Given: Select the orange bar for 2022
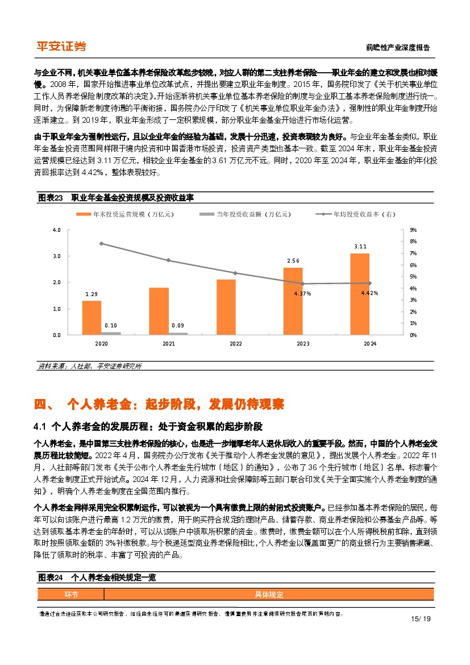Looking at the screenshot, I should click(x=226, y=307).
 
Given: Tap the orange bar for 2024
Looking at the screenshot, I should click(x=360, y=294).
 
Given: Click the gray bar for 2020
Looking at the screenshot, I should click(x=111, y=333).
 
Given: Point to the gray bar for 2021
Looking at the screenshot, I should click(x=178, y=334).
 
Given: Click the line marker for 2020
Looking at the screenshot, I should click(x=101, y=243).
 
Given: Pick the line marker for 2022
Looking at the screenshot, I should click(x=235, y=273).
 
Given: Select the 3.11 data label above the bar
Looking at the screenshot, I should click(x=360, y=247).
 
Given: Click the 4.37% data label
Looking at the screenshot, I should click(x=302, y=293).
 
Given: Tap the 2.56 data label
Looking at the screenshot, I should click(x=293, y=261).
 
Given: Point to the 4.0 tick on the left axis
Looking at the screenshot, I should click(x=56, y=230).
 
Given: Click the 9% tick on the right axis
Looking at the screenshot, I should click(x=413, y=230).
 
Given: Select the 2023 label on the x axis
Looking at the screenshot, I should click(x=303, y=344).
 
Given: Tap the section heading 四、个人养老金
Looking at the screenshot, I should click(x=159, y=405).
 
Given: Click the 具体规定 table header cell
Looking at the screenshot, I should click(x=268, y=595).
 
